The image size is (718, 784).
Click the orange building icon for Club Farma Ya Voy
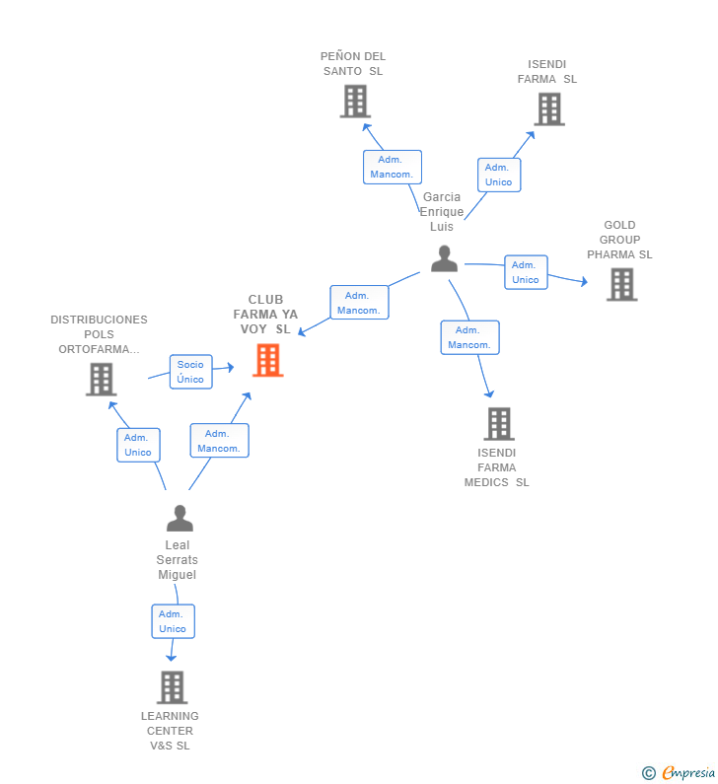[x=268, y=360]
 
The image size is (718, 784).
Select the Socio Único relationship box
[x=191, y=372]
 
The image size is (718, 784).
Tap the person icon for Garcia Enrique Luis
[x=444, y=258]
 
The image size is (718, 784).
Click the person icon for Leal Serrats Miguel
[x=179, y=518]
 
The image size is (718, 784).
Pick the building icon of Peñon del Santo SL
[x=355, y=101]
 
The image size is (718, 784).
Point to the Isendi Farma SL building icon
[x=549, y=109]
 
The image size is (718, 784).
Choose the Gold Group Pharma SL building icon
[x=622, y=284]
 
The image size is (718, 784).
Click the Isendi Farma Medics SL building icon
[x=499, y=424]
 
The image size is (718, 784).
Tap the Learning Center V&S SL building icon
[x=172, y=687]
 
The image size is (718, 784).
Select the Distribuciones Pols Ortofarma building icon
[x=101, y=379]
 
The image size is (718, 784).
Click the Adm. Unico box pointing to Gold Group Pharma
[x=526, y=272]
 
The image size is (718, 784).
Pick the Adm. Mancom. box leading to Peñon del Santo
[x=393, y=167]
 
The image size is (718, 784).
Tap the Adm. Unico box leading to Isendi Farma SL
[x=499, y=175]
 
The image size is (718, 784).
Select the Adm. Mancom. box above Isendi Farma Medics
[x=470, y=337]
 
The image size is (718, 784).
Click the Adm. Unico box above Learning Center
[x=173, y=621]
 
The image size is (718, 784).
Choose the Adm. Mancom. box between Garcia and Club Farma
[x=360, y=303]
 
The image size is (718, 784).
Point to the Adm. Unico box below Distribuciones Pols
[x=138, y=445]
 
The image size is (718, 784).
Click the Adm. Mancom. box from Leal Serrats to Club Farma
[x=220, y=441]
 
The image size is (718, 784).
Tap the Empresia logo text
[x=688, y=772]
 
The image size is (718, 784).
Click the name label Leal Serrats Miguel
[x=177, y=559]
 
